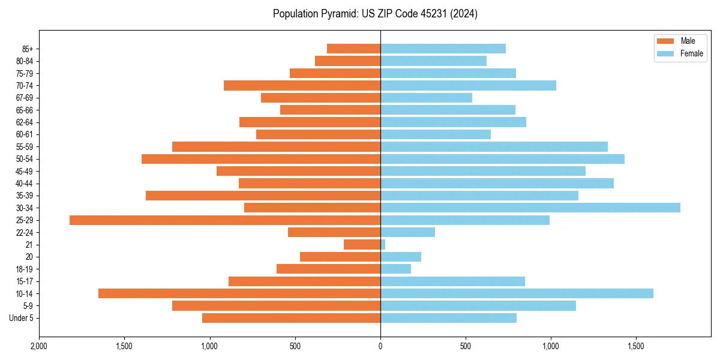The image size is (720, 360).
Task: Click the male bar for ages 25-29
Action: [x=225, y=220]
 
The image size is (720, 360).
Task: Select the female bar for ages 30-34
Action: [x=530, y=208]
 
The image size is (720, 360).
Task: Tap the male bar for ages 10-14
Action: [x=239, y=293]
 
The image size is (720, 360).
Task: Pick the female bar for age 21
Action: [x=383, y=245]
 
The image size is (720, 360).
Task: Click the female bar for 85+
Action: [x=443, y=49]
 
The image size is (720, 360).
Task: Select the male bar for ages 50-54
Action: [x=261, y=159]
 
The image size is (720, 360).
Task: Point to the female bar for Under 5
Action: [x=448, y=318]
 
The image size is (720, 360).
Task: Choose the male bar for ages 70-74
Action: [x=302, y=85]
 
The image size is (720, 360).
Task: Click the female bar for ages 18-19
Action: [x=395, y=269]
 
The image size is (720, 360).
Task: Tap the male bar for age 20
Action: [x=340, y=257]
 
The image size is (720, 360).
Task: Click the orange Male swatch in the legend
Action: [x=665, y=41]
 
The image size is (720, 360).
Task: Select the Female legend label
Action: [x=691, y=53]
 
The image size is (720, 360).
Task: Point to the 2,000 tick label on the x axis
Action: [x=39, y=346]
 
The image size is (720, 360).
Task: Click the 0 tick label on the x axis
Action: [x=380, y=346]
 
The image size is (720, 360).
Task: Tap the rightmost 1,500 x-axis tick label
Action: [x=636, y=346]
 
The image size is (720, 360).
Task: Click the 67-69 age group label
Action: [x=25, y=98]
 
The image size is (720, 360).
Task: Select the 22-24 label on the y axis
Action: [x=25, y=232]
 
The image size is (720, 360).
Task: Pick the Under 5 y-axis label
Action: [x=22, y=318]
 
